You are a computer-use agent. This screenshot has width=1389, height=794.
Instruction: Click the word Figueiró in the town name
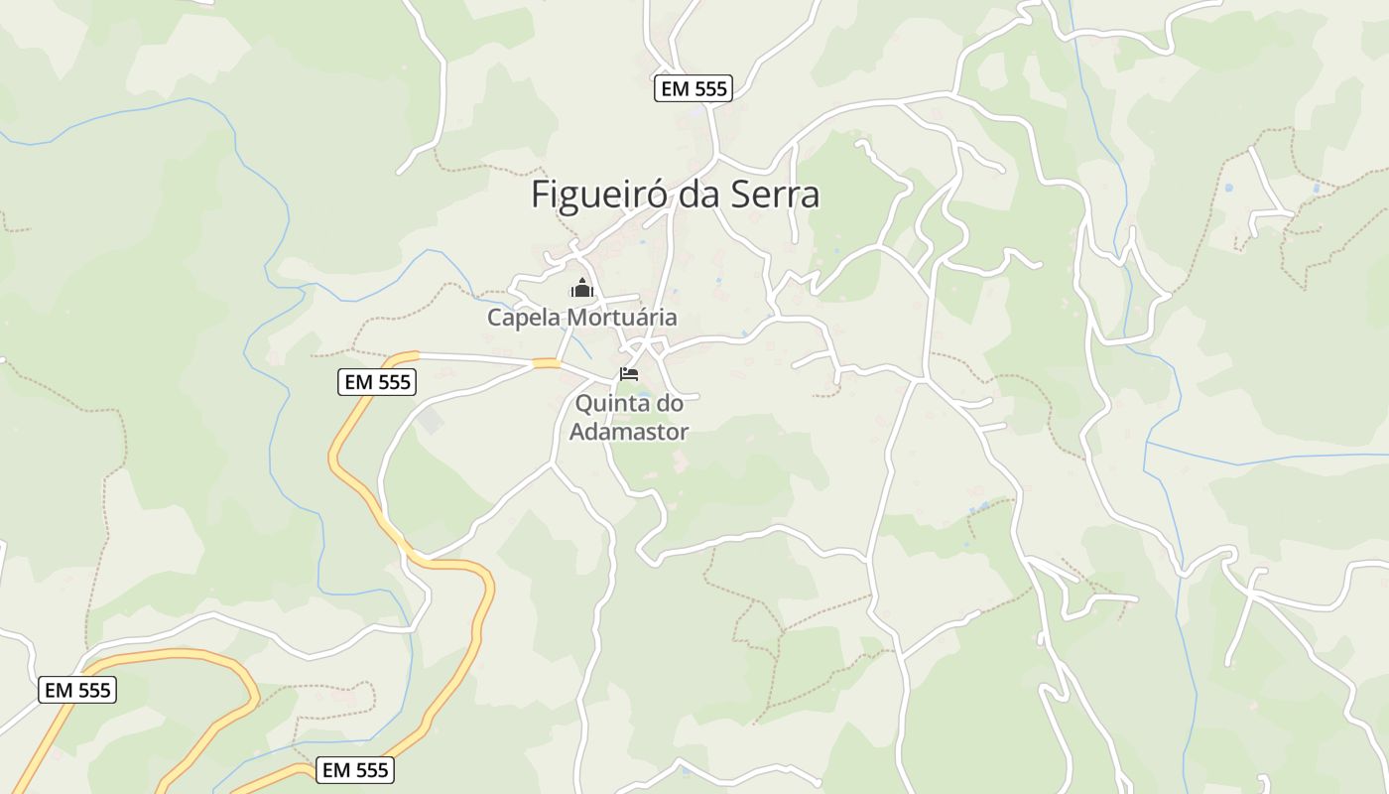click(599, 195)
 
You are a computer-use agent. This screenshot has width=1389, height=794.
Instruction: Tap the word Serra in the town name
click(775, 195)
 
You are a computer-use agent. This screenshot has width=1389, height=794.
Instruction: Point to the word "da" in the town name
click(702, 195)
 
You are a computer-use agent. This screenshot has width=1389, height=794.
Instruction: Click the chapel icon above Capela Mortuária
click(581, 289)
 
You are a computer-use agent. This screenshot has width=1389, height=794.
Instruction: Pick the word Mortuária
click(621, 318)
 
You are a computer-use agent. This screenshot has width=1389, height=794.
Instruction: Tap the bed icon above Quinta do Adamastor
click(629, 374)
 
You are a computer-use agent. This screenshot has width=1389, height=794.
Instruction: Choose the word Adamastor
click(629, 432)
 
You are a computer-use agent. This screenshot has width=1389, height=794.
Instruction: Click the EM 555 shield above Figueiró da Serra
click(694, 88)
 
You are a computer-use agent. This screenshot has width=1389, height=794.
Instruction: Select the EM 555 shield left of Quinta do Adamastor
click(377, 382)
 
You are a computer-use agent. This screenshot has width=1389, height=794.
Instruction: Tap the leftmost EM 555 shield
click(77, 690)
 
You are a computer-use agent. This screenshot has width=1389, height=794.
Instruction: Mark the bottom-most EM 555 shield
click(357, 769)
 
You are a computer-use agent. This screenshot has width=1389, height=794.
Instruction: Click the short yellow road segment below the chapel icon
click(546, 363)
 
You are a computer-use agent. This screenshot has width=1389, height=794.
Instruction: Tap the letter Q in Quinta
click(583, 404)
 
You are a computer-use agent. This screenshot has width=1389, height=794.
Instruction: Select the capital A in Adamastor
click(576, 432)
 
